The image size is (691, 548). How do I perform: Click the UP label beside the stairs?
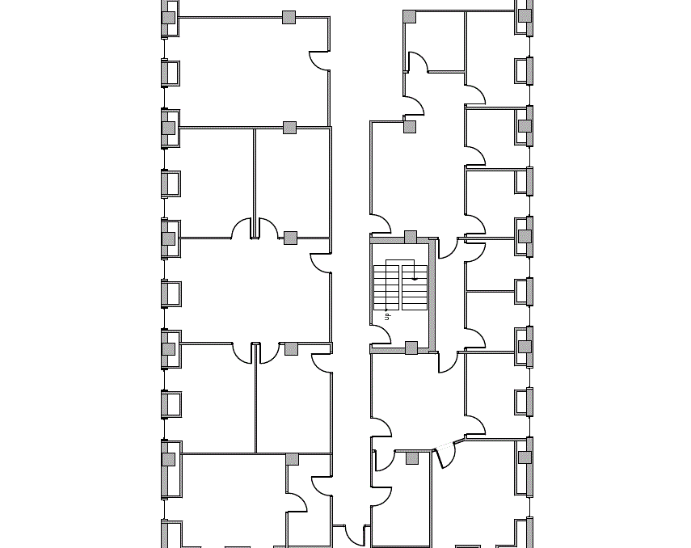pyautogui.click(x=388, y=316)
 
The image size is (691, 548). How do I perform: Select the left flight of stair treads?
pyautogui.click(x=386, y=288)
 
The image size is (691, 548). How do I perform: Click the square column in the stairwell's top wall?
pyautogui.click(x=411, y=237)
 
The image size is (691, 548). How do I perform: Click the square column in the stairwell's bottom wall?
pyautogui.click(x=411, y=348)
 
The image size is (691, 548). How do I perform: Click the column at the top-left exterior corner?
pyautogui.click(x=168, y=17)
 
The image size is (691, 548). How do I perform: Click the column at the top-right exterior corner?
pyautogui.click(x=525, y=15)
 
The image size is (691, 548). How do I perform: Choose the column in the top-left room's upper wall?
pyautogui.click(x=289, y=17)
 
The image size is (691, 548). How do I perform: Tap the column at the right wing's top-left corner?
pyautogui.click(x=410, y=16)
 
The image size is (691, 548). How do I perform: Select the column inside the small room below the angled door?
pyautogui.click(x=412, y=458)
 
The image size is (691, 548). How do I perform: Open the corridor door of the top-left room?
pyautogui.click(x=320, y=61)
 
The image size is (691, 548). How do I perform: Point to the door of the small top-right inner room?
pyautogui.click(x=417, y=62)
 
